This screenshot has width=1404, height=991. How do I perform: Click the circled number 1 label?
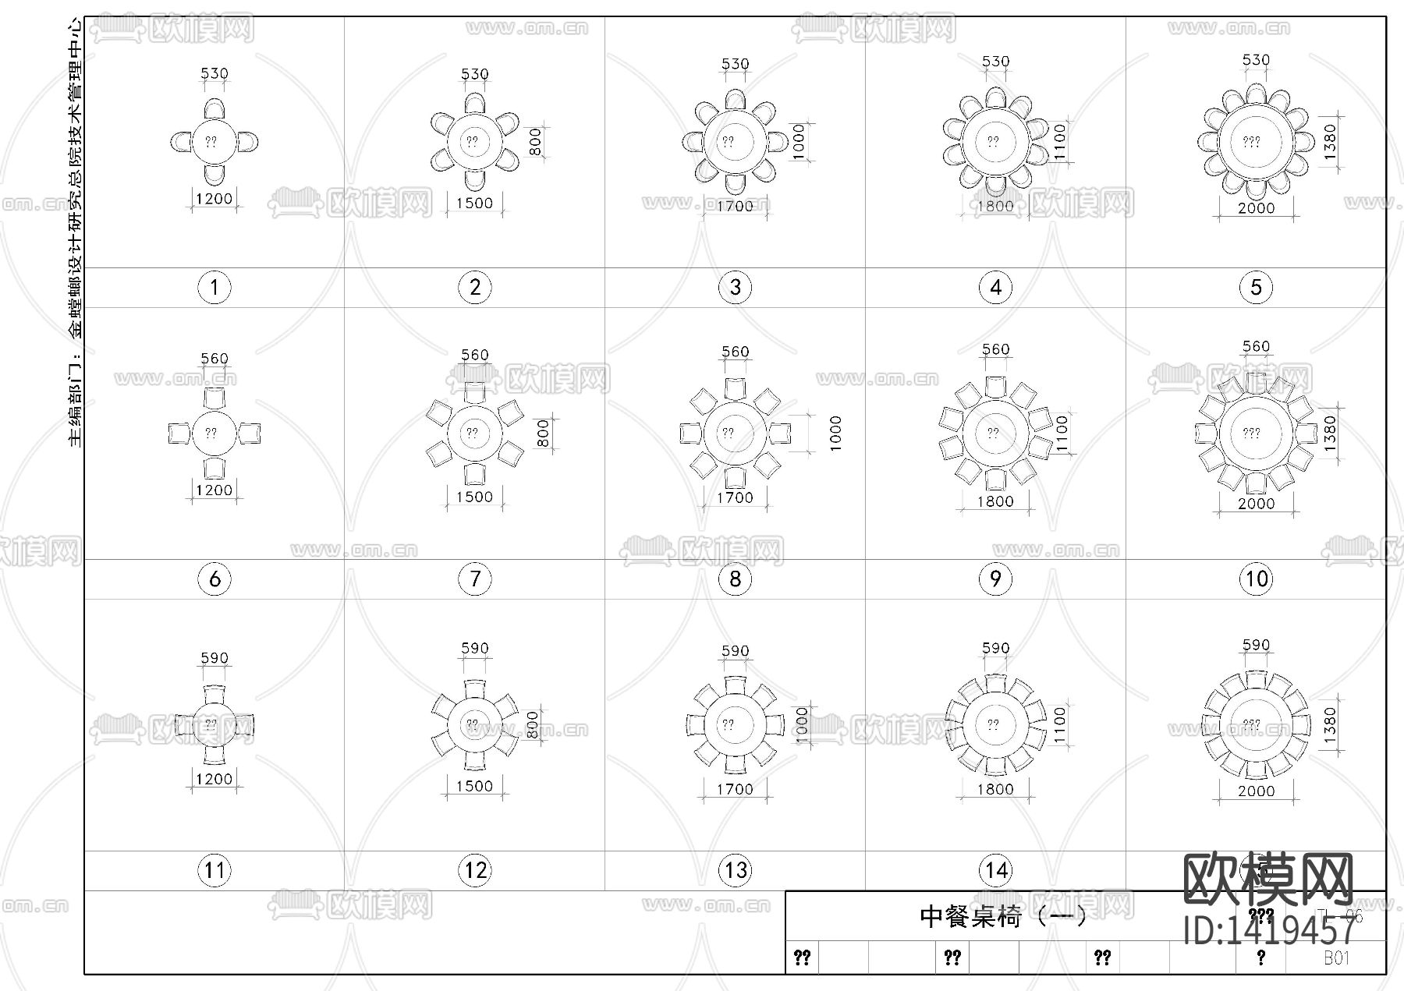tap(214, 288)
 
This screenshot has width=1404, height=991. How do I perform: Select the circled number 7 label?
tap(475, 579)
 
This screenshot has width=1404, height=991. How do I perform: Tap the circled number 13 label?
tap(736, 870)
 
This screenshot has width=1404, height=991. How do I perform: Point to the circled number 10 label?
tap(1256, 579)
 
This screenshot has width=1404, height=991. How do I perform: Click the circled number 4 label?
tap(995, 288)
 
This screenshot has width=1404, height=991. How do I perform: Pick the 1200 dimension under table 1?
tap(214, 199)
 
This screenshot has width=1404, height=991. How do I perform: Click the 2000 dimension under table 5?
tap(1256, 208)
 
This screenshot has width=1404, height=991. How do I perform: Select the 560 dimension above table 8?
tap(735, 352)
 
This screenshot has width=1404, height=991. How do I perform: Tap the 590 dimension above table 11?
tap(214, 658)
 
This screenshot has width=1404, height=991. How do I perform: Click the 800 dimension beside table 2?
tap(535, 142)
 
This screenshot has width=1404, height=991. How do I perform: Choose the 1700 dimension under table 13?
tap(735, 789)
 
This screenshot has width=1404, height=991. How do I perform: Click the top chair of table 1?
tap(214, 108)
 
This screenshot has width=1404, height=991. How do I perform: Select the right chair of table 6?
tap(249, 433)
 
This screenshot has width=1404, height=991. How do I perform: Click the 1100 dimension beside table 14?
tap(1059, 724)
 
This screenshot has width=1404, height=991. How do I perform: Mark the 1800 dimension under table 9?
tap(995, 501)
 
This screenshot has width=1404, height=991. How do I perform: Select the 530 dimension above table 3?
tap(735, 64)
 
